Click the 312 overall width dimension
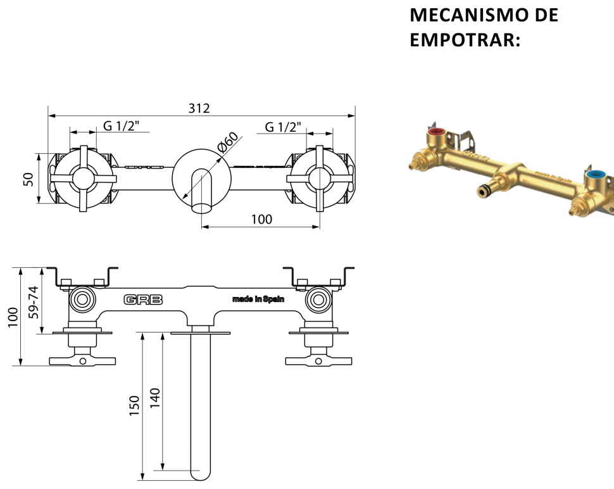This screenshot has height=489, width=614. tap(199, 108)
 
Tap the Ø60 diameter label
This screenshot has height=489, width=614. tap(228, 143)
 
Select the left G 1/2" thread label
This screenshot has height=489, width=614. tap(122, 126)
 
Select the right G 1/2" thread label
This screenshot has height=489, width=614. tap(283, 127)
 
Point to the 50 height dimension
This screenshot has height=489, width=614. tap(28, 179)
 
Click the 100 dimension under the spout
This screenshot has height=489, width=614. tap(261, 219)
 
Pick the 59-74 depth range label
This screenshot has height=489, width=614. tap(34, 302)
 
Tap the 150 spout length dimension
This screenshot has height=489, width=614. tap(134, 405)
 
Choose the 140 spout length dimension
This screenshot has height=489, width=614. tap(155, 398)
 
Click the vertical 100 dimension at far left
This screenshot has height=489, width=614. tap(13, 317)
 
